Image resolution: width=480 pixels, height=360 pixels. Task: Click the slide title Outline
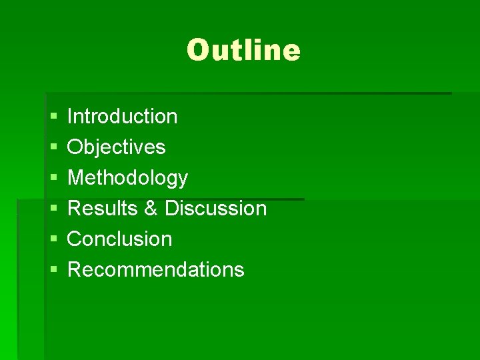click(x=243, y=50)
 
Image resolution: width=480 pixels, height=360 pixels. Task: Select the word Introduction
click(x=123, y=116)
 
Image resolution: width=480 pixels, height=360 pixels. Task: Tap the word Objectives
click(x=117, y=147)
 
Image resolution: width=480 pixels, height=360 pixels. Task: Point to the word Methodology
click(x=128, y=178)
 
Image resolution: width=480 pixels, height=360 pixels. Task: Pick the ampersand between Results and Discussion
click(x=151, y=208)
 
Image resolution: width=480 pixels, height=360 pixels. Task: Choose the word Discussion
click(x=215, y=208)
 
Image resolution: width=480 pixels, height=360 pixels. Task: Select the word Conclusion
click(x=120, y=239)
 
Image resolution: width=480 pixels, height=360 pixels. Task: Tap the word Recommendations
click(x=156, y=269)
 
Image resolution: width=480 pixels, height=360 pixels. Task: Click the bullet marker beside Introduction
click(x=53, y=117)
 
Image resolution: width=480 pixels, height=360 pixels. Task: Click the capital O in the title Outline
click(x=198, y=50)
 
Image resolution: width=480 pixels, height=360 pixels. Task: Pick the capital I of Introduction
click(x=71, y=116)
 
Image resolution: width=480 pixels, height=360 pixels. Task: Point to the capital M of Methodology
click(x=76, y=177)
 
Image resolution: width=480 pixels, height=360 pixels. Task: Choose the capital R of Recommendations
click(x=75, y=269)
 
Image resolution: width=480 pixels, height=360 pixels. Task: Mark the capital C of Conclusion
click(x=75, y=239)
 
